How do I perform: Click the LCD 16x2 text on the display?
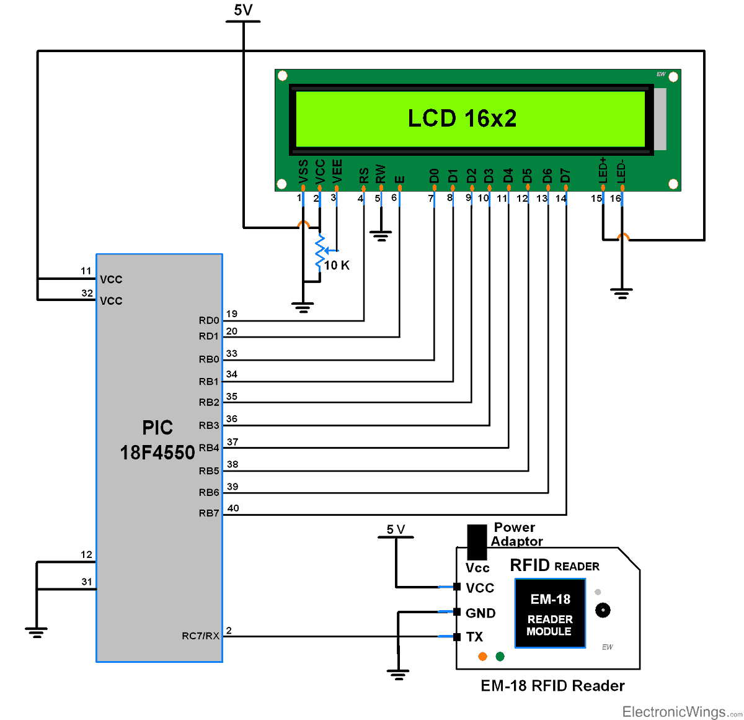coord(462,118)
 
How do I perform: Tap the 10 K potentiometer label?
coord(337,266)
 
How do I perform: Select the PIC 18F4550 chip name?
coord(157,441)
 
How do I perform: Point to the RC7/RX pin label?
coord(200,636)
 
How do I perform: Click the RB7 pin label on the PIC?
coord(209,513)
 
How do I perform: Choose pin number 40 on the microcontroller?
coord(233,508)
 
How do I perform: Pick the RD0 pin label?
coord(209,320)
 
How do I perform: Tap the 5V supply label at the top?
coord(243,10)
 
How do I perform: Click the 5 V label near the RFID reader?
coord(396,529)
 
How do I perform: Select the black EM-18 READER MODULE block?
coord(550,613)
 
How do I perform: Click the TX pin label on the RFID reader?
coord(474,637)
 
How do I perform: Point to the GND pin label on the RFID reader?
coord(480,613)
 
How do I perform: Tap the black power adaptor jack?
coord(477,542)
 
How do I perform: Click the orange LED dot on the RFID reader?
coord(482,657)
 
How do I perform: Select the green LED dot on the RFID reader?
coord(500,657)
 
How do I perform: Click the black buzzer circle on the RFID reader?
coord(602,610)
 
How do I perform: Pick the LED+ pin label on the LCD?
coord(603,170)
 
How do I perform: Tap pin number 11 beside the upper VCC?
coord(86,271)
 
